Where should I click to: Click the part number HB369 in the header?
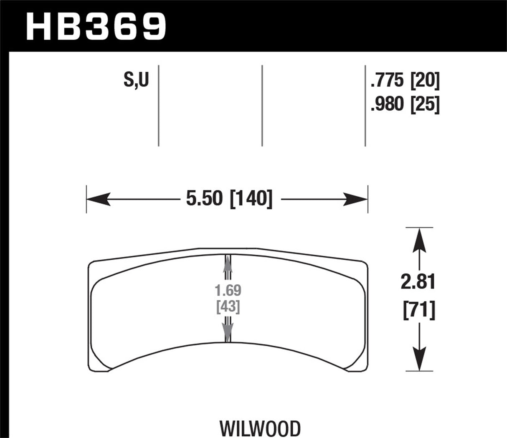[x=96, y=26]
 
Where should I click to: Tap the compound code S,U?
[x=136, y=80]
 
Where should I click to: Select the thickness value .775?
[x=387, y=81]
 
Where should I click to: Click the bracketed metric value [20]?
[x=426, y=81]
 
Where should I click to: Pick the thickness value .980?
[x=387, y=104]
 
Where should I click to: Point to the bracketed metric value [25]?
[x=426, y=104]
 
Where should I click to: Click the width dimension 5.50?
[x=205, y=199]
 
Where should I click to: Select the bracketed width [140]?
[x=251, y=199]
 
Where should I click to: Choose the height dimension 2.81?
[x=418, y=283]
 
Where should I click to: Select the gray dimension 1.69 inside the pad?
[x=228, y=290]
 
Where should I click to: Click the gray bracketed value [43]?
[x=228, y=307]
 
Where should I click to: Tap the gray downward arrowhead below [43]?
[x=228, y=333]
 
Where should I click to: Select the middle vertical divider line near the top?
[x=262, y=106]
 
